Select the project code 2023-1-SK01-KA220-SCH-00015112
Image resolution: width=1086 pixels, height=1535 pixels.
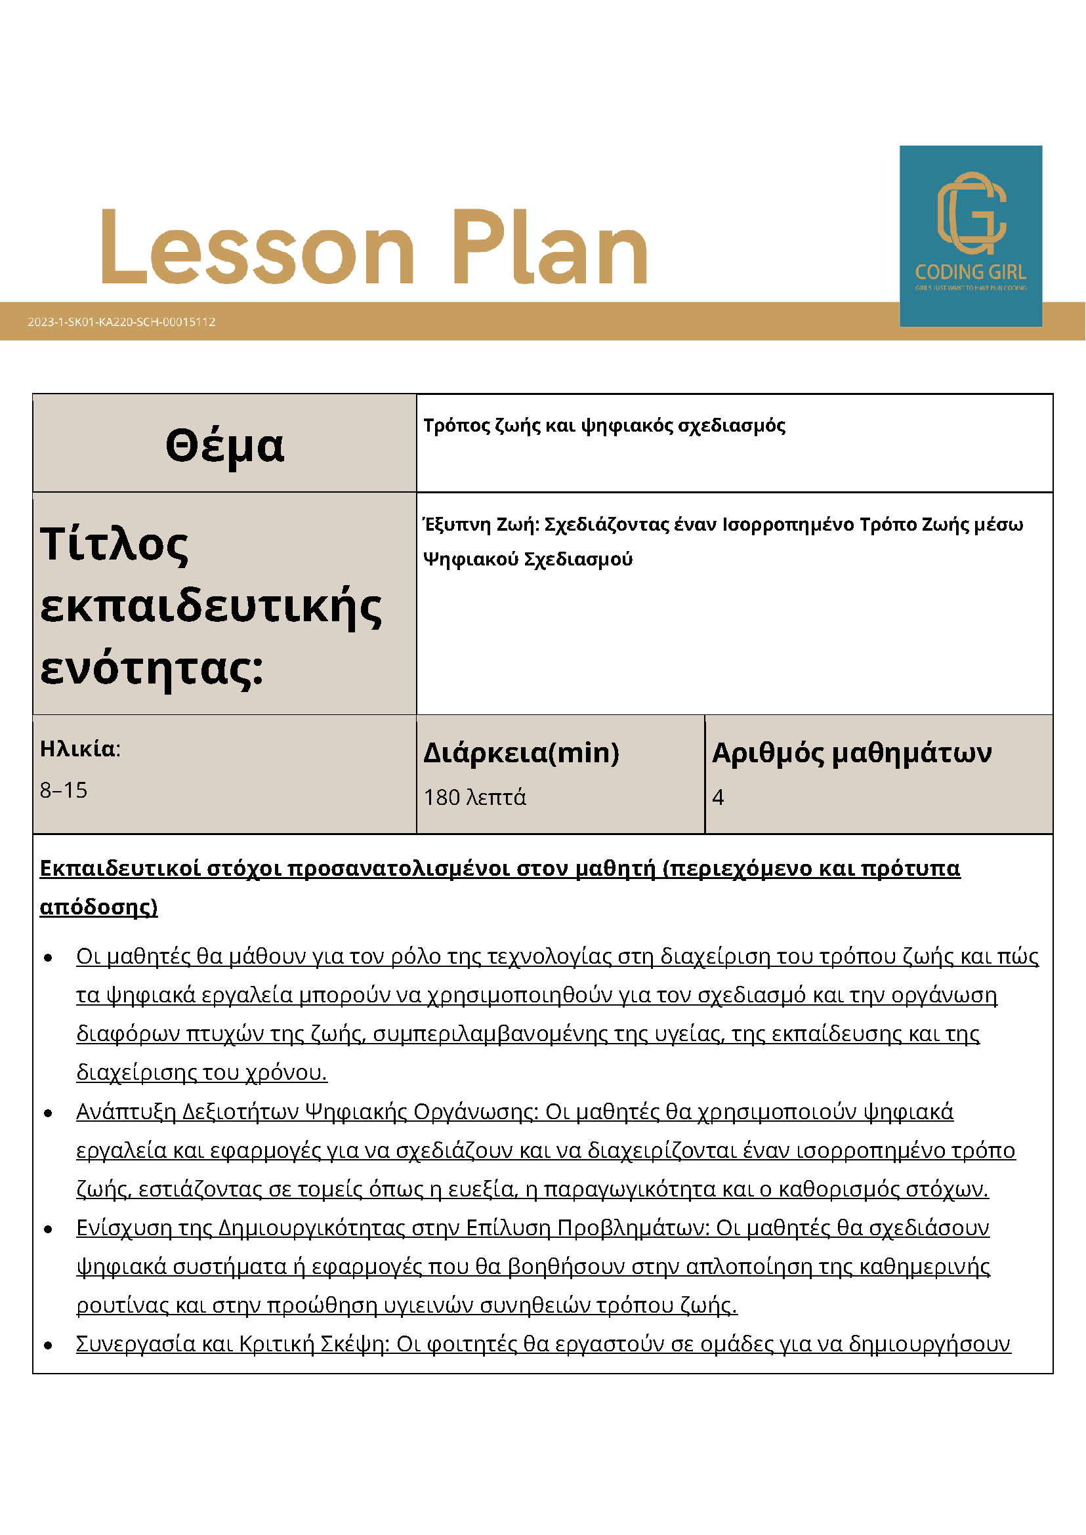click(x=121, y=322)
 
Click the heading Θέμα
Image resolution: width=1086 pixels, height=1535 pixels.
click(x=224, y=446)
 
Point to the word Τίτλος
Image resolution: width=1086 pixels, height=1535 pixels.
click(x=114, y=545)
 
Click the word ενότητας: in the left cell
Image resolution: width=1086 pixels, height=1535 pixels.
click(x=152, y=668)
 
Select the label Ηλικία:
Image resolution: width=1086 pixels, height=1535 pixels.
click(x=80, y=748)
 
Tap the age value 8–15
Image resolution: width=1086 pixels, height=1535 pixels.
click(x=64, y=790)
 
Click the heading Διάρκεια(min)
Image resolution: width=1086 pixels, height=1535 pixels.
click(x=522, y=754)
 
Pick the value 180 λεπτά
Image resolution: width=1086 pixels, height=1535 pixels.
click(x=475, y=798)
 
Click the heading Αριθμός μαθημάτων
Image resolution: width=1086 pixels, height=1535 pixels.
click(x=851, y=754)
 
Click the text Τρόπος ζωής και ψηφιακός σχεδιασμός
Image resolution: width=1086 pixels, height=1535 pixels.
click(x=604, y=426)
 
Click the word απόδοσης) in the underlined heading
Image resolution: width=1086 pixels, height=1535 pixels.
click(x=99, y=907)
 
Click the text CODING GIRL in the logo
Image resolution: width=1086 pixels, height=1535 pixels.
click(x=971, y=272)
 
